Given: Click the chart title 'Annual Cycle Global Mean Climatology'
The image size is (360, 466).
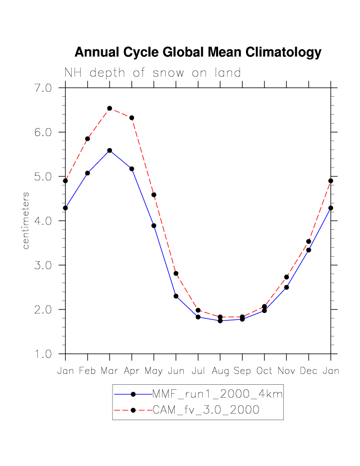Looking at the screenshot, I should (198, 52).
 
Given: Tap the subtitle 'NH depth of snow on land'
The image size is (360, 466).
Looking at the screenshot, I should (152, 73).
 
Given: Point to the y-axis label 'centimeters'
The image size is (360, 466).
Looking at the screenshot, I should (26, 220).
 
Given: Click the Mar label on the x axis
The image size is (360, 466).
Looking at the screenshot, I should (110, 371).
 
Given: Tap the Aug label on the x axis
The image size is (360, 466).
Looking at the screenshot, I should (220, 371).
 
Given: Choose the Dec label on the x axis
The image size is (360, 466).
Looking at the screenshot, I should (309, 371).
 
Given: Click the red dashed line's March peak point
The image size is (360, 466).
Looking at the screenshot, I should (110, 108).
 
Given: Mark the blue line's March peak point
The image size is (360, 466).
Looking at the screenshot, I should (110, 150).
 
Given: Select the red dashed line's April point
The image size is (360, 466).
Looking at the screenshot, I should (131, 118).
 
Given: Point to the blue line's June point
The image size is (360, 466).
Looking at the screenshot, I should (176, 296).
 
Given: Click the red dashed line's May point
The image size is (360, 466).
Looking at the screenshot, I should (154, 195).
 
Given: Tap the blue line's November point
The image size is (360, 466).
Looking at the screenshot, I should (286, 287).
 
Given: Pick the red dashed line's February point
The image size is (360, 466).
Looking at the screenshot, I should (88, 139).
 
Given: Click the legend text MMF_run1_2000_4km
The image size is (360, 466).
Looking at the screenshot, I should (217, 394).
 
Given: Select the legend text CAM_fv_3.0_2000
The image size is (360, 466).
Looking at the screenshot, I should (205, 410).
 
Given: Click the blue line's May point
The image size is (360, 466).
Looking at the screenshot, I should (154, 226).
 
